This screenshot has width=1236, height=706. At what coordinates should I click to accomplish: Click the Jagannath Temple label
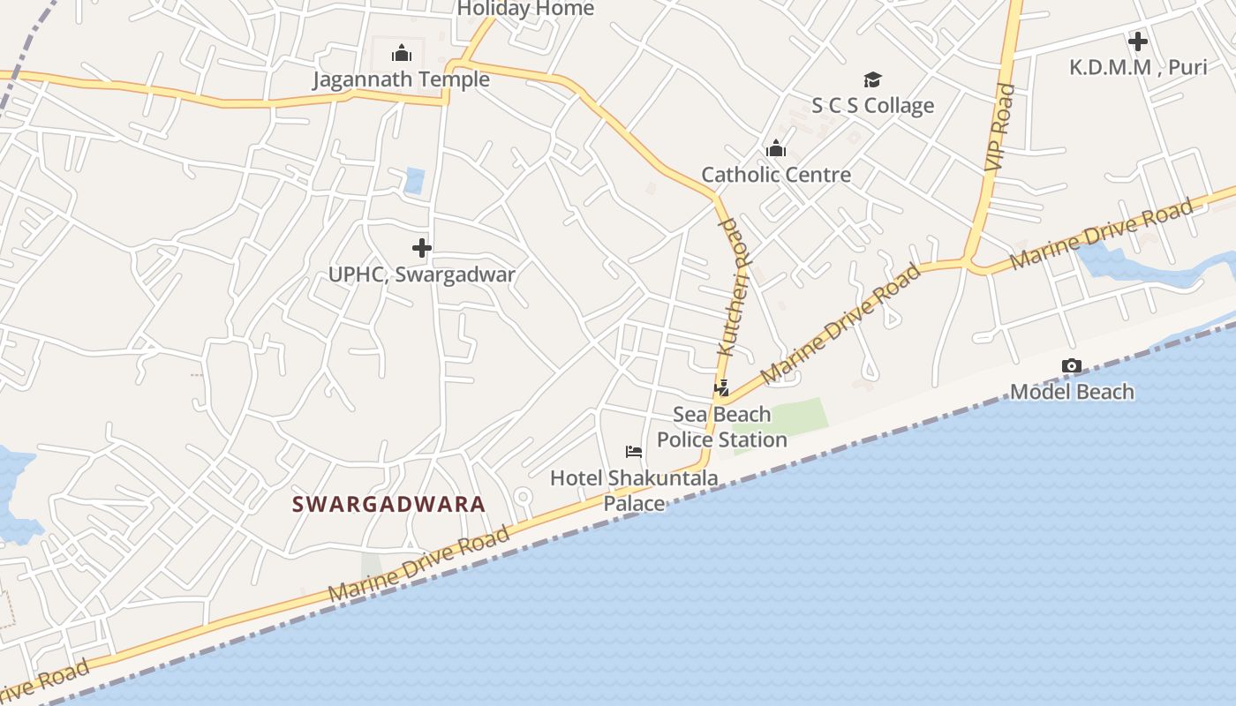[401, 79]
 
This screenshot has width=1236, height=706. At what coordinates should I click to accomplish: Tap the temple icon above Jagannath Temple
[402, 53]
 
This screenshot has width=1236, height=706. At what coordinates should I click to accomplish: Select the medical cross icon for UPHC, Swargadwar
[422, 248]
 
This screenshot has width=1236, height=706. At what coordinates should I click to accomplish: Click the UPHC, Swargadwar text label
[422, 274]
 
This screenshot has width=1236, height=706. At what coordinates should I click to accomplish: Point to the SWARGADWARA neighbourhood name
[388, 505]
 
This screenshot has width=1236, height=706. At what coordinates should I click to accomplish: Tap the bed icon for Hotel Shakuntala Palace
[633, 452]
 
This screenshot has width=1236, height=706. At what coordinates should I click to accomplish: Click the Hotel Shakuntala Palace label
[634, 491]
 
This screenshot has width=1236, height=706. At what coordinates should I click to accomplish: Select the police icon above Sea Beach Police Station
[721, 387]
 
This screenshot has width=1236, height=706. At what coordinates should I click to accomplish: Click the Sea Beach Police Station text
[722, 427]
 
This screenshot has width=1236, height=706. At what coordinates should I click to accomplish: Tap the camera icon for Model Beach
[1072, 365]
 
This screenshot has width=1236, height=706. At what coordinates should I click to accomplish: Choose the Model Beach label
[1072, 391]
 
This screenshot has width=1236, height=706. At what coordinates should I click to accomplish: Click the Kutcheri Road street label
[730, 287]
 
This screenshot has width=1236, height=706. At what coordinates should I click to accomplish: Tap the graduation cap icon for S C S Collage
[872, 80]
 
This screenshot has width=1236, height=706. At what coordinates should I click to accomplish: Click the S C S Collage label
[872, 106]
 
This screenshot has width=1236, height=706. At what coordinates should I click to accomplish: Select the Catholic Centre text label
[776, 175]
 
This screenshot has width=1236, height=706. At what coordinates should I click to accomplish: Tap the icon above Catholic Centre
[776, 148]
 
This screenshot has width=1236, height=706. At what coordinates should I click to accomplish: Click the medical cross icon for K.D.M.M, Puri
[1138, 41]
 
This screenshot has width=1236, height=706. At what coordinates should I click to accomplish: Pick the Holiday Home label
[525, 9]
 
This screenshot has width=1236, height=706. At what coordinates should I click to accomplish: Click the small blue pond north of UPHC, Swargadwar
[414, 180]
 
